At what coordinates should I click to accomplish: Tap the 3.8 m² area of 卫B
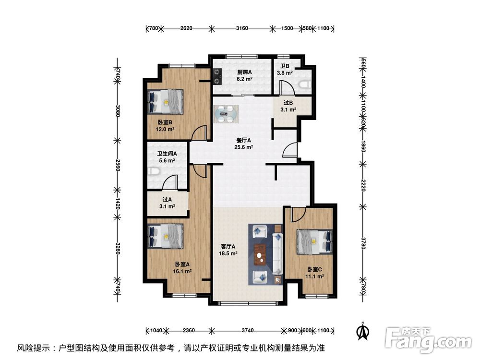click(x=285, y=73)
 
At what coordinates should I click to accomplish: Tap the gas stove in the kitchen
click(x=217, y=74)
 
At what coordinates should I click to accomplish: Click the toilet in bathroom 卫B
click(x=304, y=84)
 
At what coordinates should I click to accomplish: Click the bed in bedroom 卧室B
click(x=166, y=102)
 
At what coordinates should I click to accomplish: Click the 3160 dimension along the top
click(x=242, y=28)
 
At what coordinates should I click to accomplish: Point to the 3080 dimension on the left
click(x=118, y=111)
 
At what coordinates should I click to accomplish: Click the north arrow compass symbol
click(x=364, y=331)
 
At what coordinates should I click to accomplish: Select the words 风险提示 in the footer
click(x=33, y=348)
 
